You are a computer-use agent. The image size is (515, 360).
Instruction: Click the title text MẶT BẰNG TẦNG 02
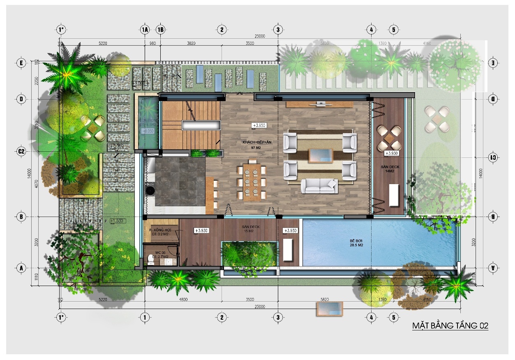450,326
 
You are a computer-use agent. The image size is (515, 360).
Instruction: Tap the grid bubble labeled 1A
144,30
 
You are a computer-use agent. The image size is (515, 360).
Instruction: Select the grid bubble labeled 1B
161,30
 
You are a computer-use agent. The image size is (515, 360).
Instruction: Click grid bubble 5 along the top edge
394,30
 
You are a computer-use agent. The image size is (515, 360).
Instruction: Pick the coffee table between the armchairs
321,156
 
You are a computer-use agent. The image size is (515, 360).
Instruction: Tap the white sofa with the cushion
320,186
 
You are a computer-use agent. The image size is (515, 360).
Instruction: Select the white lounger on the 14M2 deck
393,195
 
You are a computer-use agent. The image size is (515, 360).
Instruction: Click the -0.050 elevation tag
148,131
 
